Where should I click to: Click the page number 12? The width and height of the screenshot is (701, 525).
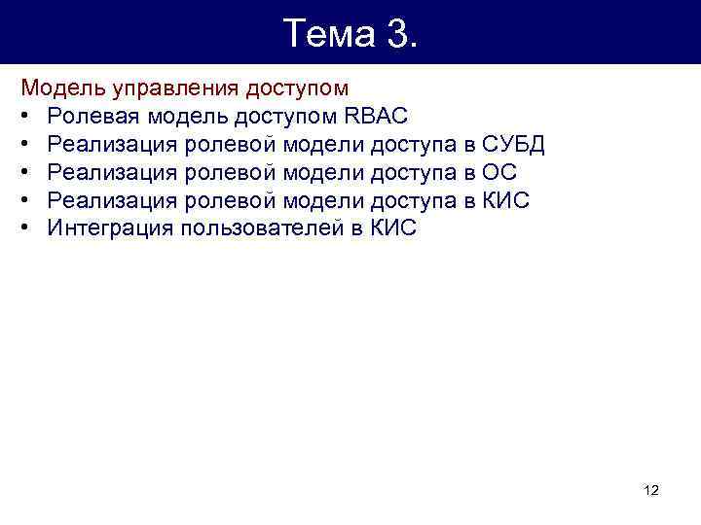(x=651, y=491)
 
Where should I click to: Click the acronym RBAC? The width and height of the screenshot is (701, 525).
(x=378, y=117)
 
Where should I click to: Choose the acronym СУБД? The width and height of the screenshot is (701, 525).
(x=514, y=145)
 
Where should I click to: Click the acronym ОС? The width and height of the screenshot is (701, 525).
(x=499, y=173)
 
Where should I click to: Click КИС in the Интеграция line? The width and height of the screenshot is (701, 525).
(x=393, y=229)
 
